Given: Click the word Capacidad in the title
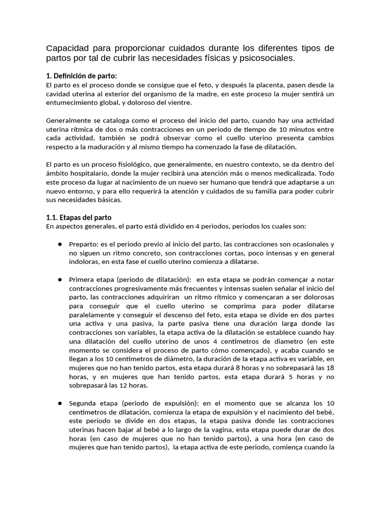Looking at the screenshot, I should tap(66, 48).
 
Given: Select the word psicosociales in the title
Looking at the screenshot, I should tap(267, 59).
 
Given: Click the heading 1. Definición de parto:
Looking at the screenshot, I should tap(81, 76).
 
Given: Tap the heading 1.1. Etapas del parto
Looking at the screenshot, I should tap(79, 217).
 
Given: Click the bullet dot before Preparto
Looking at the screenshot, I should tap(59, 244).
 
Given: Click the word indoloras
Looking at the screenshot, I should tap(84, 262).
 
